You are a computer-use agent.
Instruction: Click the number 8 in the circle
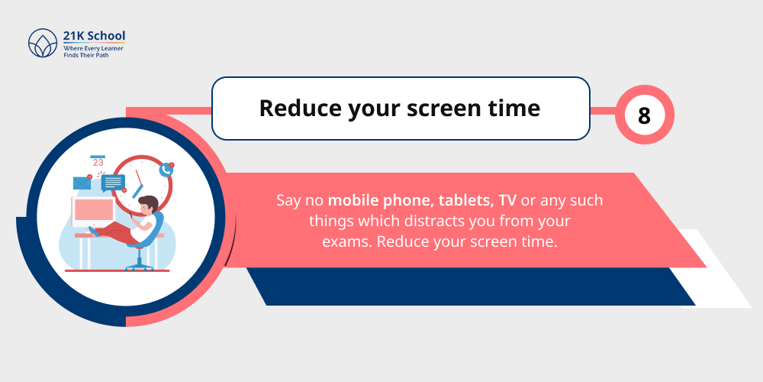point(644,116)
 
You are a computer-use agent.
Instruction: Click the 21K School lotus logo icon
point(42,44)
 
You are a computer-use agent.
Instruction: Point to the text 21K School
point(94,36)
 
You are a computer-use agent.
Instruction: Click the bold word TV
point(507,202)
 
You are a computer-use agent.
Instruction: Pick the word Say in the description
point(288,202)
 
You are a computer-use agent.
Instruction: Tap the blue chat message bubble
point(112,182)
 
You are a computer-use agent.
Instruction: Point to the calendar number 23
point(98,162)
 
